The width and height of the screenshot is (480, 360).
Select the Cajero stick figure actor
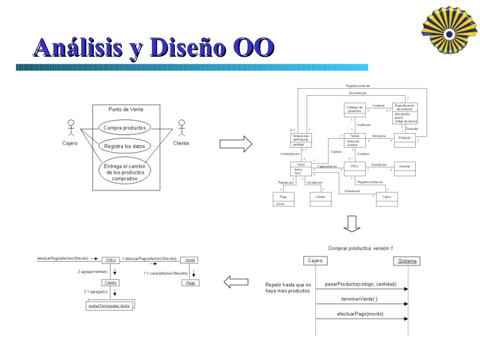(x=71, y=128)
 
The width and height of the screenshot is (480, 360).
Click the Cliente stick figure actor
(x=181, y=128)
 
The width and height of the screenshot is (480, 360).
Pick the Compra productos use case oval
(x=125, y=127)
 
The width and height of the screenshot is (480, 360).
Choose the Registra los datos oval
(x=125, y=146)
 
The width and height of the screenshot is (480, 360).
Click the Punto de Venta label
(x=126, y=109)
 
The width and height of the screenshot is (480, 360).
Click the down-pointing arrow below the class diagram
(x=352, y=224)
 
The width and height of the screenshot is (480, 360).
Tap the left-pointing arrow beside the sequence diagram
(x=236, y=282)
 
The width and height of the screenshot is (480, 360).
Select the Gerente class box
(x=404, y=168)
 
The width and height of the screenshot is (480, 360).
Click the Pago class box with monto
(x=284, y=199)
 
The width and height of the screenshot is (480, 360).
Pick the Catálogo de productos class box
(x=354, y=111)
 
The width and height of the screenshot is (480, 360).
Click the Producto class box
(x=405, y=140)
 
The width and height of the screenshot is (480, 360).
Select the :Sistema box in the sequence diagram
(x=407, y=261)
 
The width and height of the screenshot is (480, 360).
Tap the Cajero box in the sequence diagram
(x=315, y=261)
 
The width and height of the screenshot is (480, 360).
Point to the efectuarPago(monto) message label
(x=360, y=314)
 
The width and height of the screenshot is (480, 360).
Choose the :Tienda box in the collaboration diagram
(x=111, y=283)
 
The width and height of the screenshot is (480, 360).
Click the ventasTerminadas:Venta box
(x=109, y=305)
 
